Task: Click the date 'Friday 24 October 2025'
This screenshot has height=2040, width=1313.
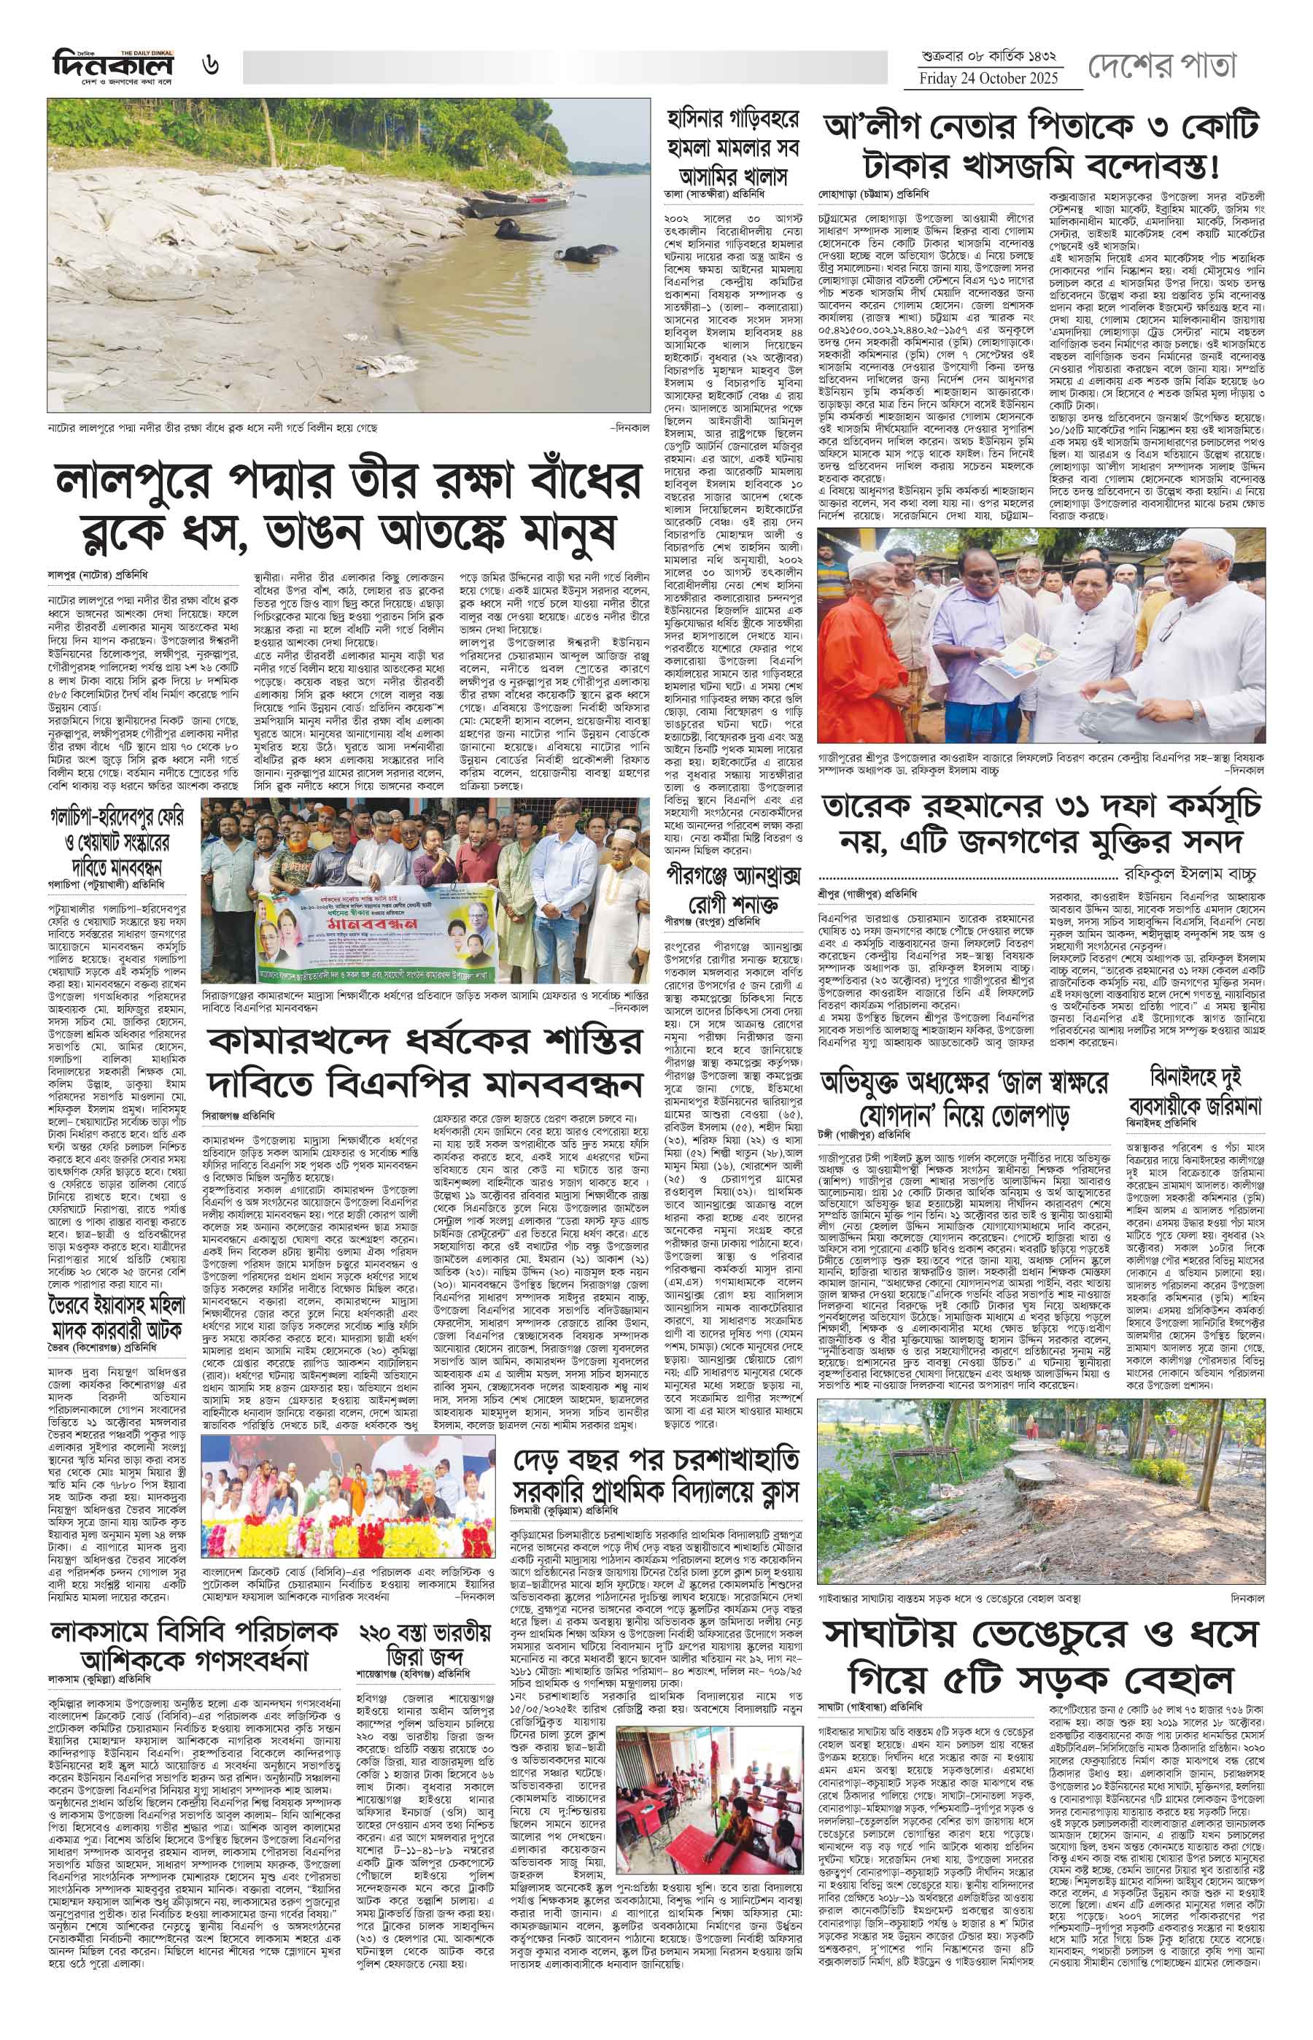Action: pos(988,79)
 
